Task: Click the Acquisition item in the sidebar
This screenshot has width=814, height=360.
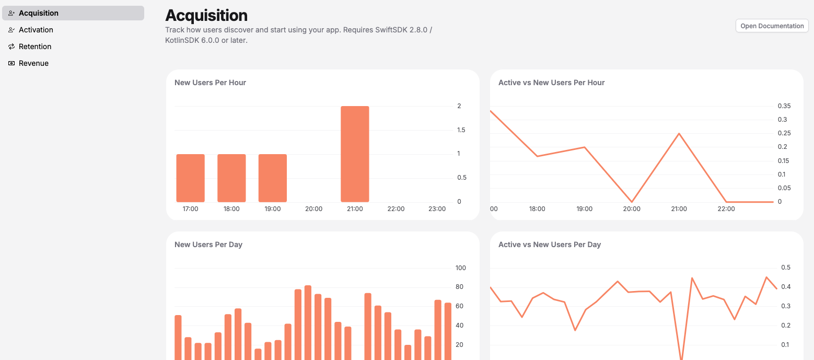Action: (x=39, y=13)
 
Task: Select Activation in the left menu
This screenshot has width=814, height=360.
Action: (x=36, y=30)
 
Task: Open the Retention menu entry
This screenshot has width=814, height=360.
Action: (x=35, y=47)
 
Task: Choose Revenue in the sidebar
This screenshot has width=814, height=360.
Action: (x=33, y=63)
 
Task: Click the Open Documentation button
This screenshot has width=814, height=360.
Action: (x=772, y=26)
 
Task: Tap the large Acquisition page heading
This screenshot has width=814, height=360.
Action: (x=206, y=15)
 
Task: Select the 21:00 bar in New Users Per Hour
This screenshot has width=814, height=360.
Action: (x=355, y=154)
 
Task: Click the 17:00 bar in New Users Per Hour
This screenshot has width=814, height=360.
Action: (x=190, y=178)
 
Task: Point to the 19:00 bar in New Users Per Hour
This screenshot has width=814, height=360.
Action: (x=273, y=178)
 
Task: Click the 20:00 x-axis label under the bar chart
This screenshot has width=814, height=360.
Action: (x=313, y=209)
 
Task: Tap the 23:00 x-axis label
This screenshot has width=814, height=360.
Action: (x=437, y=209)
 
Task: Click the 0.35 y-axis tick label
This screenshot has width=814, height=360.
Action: (x=784, y=106)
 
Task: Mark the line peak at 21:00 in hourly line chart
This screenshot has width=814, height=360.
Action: (x=679, y=134)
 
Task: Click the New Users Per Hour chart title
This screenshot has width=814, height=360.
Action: (x=210, y=83)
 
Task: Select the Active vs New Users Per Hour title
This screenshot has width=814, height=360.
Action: (x=551, y=83)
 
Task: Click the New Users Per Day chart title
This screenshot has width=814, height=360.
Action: (x=208, y=245)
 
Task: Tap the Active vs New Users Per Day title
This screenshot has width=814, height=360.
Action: (x=550, y=245)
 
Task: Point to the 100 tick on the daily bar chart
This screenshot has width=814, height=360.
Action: (x=460, y=268)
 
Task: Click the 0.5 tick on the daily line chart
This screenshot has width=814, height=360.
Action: (x=785, y=268)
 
